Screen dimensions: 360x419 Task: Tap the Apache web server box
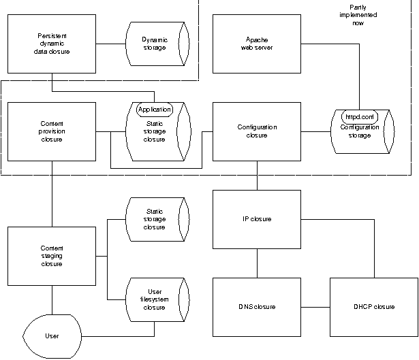tap(256, 44)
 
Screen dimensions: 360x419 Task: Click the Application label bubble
tap(154, 109)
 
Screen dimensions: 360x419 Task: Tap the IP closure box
tap(256, 219)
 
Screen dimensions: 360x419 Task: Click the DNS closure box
tap(256, 307)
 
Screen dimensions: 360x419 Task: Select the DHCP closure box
tap(374, 307)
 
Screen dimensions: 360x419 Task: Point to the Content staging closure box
tap(51, 256)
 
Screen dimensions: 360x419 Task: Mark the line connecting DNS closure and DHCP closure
tap(315, 307)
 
